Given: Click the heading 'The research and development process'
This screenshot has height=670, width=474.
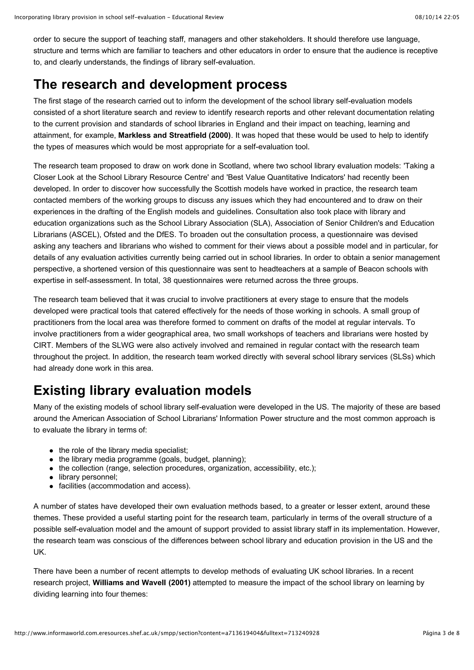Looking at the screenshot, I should click(160, 84).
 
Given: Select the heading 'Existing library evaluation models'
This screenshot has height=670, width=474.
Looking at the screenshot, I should click(142, 390).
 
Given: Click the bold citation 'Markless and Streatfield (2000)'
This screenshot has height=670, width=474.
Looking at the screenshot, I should click(174, 135).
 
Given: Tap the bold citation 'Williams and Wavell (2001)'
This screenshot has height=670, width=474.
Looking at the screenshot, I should click(141, 583).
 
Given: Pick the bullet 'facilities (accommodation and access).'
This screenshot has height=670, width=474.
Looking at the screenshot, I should click(125, 486).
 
